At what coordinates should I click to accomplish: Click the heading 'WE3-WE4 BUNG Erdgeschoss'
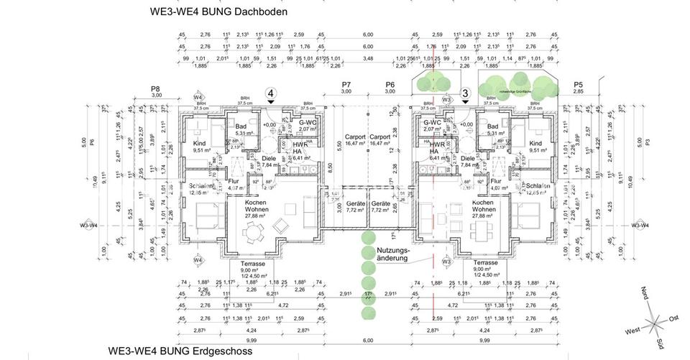point(181,351)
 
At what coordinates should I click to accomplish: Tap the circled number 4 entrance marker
point(270,93)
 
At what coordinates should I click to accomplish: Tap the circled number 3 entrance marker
point(465,93)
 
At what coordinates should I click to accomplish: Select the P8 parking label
point(155,88)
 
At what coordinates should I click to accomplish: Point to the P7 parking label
point(346,85)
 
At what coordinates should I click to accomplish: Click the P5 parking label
point(578,85)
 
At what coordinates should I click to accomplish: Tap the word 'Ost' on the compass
point(674,317)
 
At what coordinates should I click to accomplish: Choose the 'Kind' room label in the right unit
point(535,143)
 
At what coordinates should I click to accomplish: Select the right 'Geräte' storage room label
point(379,204)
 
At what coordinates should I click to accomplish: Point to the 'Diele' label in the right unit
point(467,158)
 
